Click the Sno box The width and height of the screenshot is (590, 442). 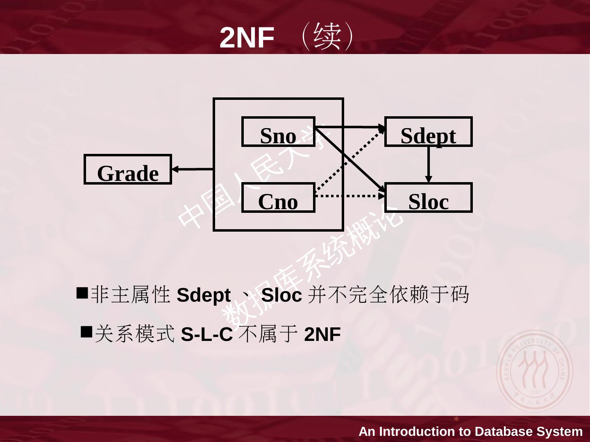278,132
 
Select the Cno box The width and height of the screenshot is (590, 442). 278,198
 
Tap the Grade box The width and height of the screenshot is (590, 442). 127,169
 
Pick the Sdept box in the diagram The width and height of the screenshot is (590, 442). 428,132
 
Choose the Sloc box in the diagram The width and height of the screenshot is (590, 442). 428,198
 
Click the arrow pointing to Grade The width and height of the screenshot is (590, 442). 192,169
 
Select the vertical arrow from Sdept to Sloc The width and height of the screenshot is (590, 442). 429,164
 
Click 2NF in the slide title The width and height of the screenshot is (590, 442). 247,38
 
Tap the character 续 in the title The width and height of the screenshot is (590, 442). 327,36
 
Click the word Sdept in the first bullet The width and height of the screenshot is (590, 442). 204,295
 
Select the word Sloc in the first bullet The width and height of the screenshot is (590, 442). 281,295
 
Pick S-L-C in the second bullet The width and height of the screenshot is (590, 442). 206,334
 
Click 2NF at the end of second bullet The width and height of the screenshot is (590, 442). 322,334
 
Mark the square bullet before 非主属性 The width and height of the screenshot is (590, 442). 82,293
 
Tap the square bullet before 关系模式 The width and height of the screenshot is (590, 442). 86,331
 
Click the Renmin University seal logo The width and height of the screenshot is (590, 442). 535,370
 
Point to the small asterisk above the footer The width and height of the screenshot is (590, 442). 456,419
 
